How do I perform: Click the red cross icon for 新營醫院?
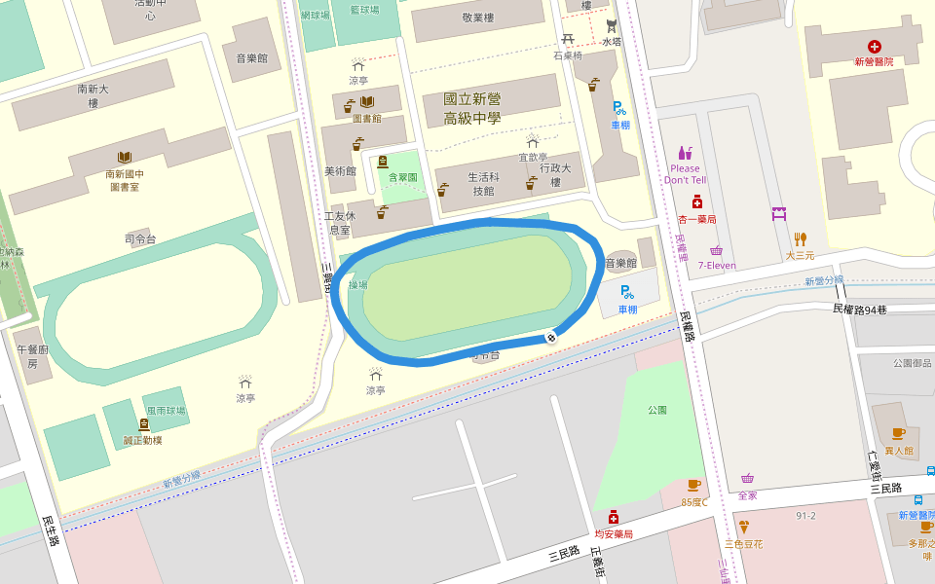[874, 46]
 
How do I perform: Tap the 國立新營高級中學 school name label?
[471, 108]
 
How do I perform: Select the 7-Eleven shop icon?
[716, 250]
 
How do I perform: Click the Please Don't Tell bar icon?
[685, 153]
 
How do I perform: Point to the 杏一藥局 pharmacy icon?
[697, 202]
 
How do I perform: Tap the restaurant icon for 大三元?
[801, 238]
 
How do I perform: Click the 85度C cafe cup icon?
[693, 485]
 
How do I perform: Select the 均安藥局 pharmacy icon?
[614, 517]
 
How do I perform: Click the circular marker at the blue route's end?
[551, 337]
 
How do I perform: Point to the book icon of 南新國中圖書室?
[124, 158]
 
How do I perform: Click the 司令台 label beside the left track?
[140, 238]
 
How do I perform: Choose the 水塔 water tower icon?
[611, 25]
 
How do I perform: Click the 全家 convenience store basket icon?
[747, 478]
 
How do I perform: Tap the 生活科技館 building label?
[483, 184]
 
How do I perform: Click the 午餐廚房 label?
[32, 355]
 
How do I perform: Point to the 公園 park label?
[657, 410]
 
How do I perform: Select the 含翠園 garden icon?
[383, 162]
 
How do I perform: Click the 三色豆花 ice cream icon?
[744, 527]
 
